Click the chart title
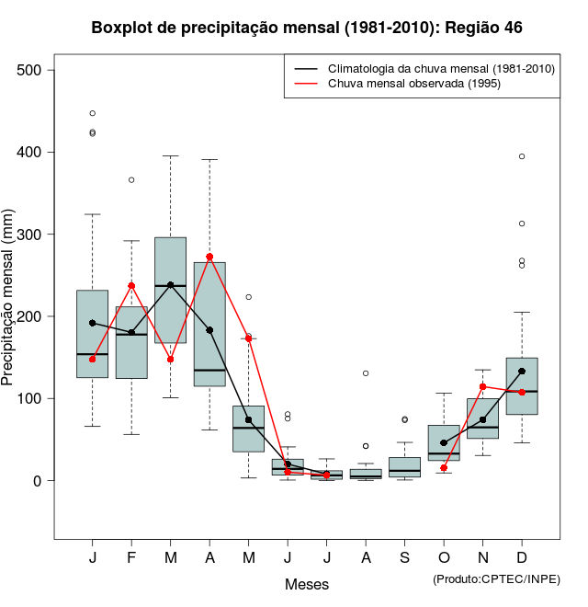(x=307, y=28)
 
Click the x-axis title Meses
(x=307, y=584)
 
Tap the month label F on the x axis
(x=131, y=557)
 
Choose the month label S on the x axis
(x=404, y=557)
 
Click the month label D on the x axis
(x=522, y=557)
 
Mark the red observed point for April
(x=209, y=258)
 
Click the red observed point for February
(x=131, y=286)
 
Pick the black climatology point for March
(x=171, y=285)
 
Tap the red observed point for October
(x=444, y=468)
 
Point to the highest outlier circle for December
(x=522, y=156)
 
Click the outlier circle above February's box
(x=131, y=179)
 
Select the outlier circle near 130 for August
(x=366, y=373)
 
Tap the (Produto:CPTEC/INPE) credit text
(x=496, y=578)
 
